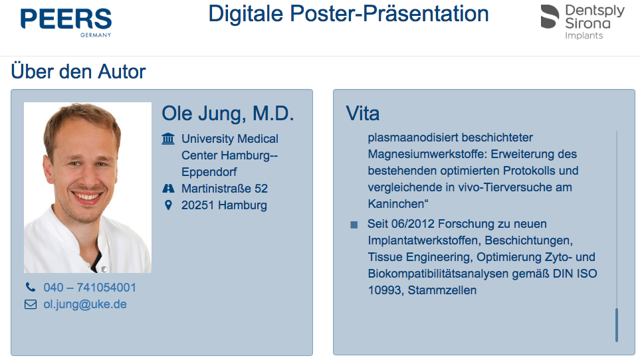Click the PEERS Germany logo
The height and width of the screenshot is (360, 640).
[x=66, y=23]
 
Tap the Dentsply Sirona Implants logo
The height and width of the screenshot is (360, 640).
[x=582, y=22]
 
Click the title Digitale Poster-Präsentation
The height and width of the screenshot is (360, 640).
[x=348, y=13]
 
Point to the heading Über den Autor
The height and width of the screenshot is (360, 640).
[x=78, y=72]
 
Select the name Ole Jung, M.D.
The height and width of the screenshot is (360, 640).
[x=228, y=114]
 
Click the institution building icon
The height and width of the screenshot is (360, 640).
[x=167, y=139]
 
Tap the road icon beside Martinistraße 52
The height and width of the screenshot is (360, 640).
[x=168, y=189]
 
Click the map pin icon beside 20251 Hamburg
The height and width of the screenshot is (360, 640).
[x=168, y=205]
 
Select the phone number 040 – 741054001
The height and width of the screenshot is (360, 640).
[x=90, y=288]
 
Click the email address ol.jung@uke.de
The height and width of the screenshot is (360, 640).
[x=85, y=304]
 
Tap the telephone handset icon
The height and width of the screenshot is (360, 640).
[x=31, y=288]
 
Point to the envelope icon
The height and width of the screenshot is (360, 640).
[x=31, y=305]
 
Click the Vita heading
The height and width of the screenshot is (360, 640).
[x=362, y=114]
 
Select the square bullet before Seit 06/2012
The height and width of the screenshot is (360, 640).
[x=354, y=225]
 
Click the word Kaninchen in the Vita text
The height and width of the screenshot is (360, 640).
[x=396, y=204]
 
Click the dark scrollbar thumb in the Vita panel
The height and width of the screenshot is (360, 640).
[x=616, y=325]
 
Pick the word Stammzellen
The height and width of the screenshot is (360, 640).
[x=442, y=290]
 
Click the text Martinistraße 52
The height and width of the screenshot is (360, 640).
[x=225, y=189]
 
